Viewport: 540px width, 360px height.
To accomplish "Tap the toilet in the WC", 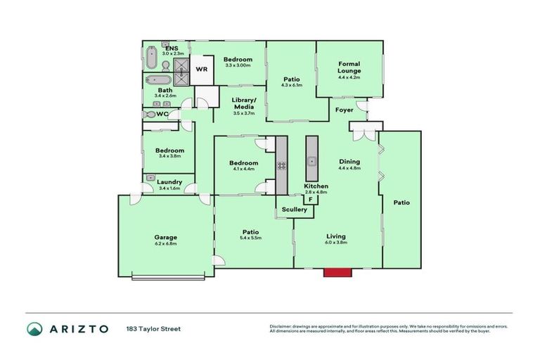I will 149,114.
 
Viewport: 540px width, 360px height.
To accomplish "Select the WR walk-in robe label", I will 201,70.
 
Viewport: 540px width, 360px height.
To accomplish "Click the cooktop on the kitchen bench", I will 281,166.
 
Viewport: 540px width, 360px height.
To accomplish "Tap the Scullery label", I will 294,210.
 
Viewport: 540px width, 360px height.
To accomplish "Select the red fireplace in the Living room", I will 336,271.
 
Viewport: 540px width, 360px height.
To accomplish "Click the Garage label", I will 165,237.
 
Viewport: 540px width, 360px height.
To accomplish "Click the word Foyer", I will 345,110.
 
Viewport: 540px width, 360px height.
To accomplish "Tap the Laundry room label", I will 170,182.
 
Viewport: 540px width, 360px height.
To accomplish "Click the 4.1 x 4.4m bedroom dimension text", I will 243,170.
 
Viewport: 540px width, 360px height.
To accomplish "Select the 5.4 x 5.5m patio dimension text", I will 251,238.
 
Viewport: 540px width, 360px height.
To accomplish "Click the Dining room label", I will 349,161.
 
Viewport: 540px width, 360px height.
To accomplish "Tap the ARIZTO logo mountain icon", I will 34,328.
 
